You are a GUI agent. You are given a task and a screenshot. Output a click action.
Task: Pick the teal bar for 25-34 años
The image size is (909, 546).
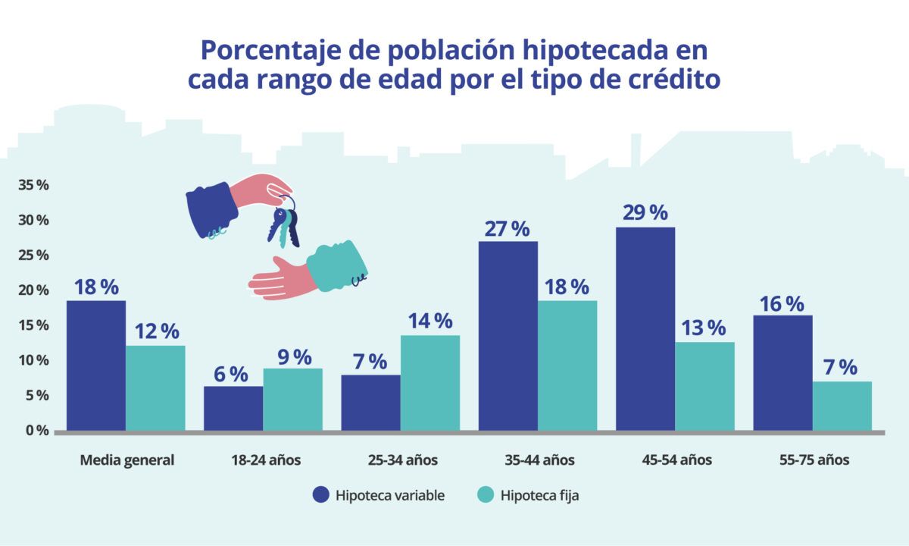(430, 382)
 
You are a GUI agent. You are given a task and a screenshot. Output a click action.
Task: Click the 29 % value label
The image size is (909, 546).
(645, 212)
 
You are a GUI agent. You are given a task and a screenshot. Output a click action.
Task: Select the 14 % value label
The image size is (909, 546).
(430, 321)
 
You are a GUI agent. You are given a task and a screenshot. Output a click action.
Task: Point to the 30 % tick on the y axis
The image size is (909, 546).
(34, 220)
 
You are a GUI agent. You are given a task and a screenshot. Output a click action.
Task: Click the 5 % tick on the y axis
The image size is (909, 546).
(37, 395)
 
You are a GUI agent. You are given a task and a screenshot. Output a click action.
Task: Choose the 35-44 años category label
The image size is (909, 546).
(539, 460)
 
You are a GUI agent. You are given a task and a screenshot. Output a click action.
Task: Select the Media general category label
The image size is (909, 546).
(127, 460)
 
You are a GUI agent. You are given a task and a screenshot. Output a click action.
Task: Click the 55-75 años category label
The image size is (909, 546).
(814, 460)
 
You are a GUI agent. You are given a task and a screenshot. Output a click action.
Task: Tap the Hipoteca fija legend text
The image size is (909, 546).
(539, 495)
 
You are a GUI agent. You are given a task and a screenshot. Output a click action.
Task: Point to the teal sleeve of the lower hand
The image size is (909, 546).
(338, 266)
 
